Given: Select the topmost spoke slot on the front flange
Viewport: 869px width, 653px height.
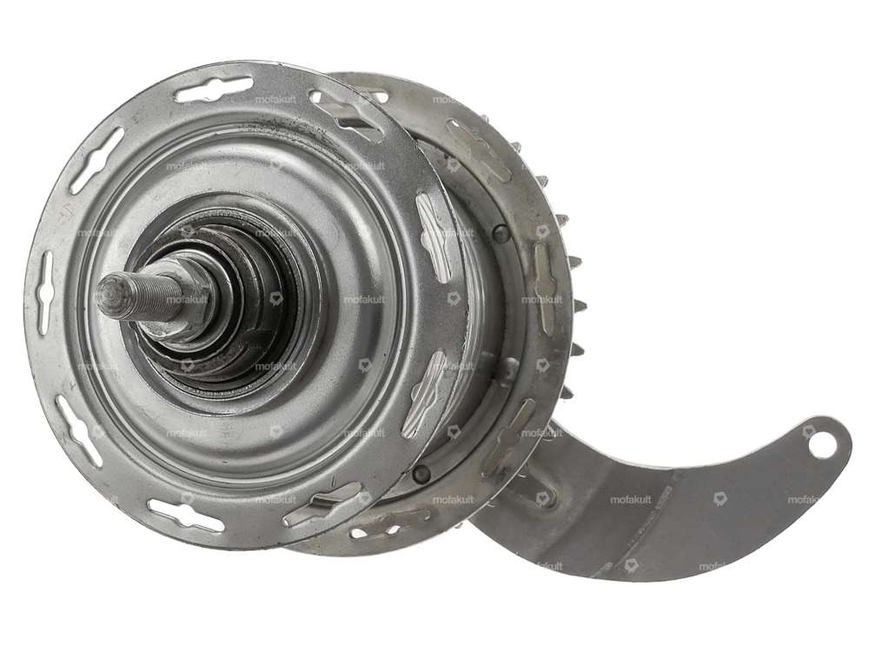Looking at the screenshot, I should click(213, 88).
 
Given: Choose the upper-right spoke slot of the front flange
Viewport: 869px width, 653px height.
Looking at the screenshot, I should click(348, 113).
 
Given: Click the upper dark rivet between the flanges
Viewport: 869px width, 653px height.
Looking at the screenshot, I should click(501, 233).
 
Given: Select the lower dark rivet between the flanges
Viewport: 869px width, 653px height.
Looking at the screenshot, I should click(422, 473).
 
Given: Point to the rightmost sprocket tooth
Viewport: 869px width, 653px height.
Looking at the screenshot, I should click(580, 306).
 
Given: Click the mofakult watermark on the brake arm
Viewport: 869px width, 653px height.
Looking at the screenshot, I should click(630, 500).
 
